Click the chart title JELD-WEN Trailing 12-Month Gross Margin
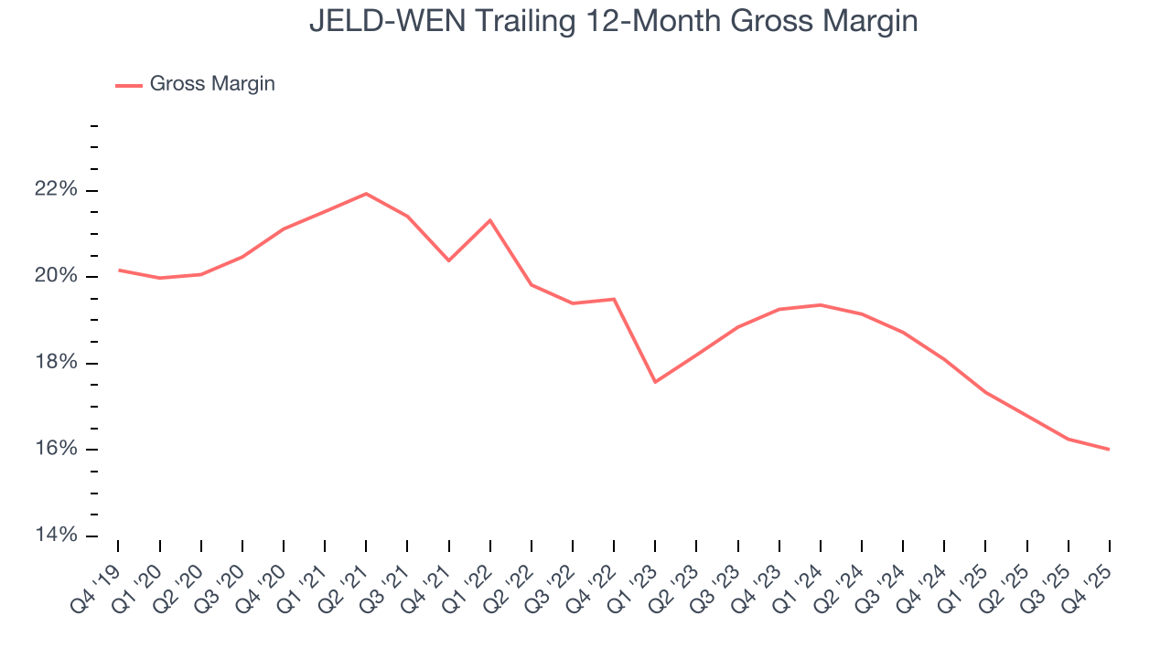point(613,20)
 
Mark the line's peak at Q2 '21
point(366,194)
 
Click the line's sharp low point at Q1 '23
point(655,382)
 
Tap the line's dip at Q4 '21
point(449,260)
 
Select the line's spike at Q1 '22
point(490,220)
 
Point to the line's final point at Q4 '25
point(1109,449)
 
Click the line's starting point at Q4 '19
point(119,270)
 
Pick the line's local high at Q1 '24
point(820,304)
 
